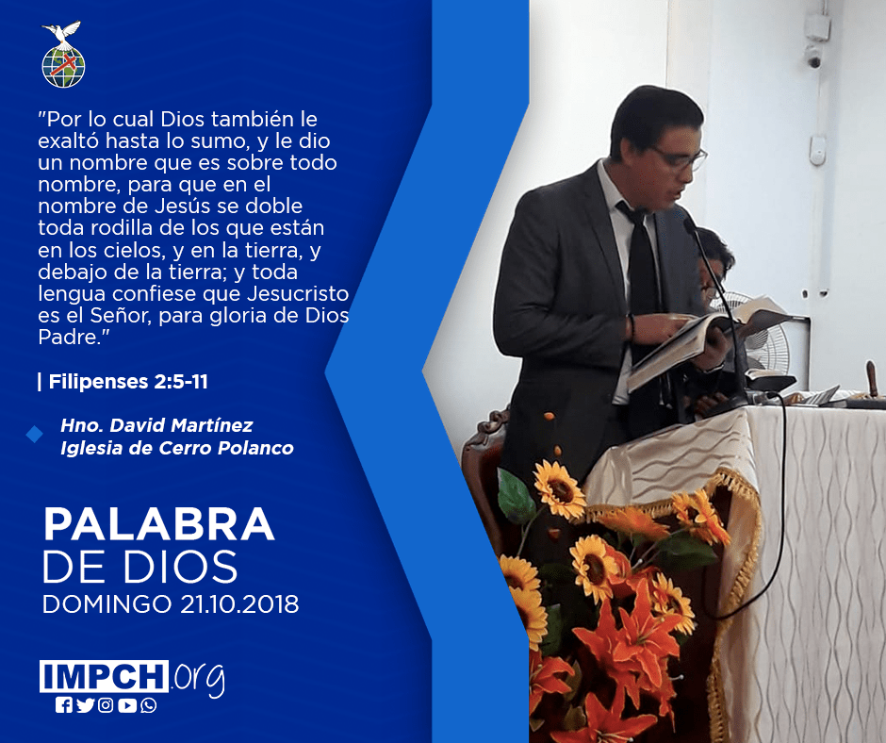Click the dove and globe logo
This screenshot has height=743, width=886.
(63, 55)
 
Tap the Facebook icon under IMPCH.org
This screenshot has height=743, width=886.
(64, 705)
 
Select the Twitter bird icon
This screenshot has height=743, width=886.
(86, 705)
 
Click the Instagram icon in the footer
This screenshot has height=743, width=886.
(106, 705)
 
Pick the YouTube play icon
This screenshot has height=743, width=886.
(127, 705)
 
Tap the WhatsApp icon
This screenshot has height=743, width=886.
(149, 705)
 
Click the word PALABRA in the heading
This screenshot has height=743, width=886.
(158, 525)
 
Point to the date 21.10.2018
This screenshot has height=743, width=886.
(239, 604)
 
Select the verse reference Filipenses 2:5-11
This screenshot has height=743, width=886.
(128, 382)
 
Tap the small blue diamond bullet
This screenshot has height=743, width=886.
(35, 435)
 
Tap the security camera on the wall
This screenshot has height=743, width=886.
(813, 56)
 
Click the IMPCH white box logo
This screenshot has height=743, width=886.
(104, 676)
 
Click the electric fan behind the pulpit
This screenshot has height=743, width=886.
(763, 334)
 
